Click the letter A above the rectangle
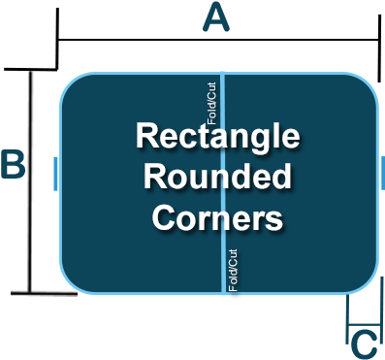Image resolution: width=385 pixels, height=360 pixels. click(216, 17)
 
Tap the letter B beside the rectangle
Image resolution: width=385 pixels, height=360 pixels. click(13, 165)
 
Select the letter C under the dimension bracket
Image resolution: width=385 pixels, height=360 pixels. click(363, 344)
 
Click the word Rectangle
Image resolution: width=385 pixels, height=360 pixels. click(216, 137)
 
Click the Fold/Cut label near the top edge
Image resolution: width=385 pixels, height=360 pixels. click(213, 98)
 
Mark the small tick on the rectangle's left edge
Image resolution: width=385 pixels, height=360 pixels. click(56, 172)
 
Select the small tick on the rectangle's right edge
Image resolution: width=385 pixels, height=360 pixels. click(384, 172)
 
